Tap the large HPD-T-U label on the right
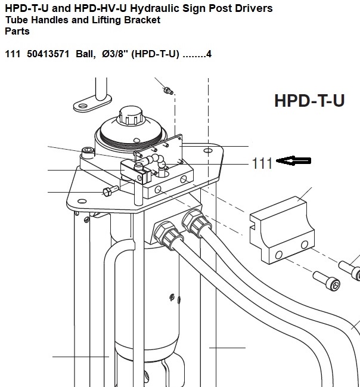pyautogui.click(x=309, y=100)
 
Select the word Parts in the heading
pyautogui.click(x=17, y=32)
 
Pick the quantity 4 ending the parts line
pyautogui.click(x=209, y=54)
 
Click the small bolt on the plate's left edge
pyautogui.click(x=108, y=191)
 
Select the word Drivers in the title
pyautogui.click(x=252, y=8)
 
